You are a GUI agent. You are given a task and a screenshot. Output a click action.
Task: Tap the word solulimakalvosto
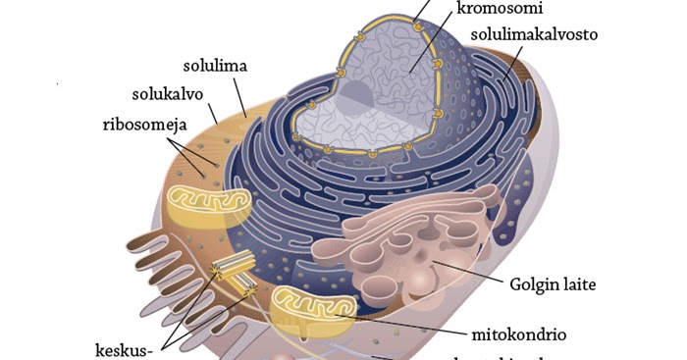click(533, 36)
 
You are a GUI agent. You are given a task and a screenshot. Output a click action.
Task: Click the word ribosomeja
click(145, 125)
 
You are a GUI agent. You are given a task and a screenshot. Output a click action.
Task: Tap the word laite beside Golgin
click(579, 287)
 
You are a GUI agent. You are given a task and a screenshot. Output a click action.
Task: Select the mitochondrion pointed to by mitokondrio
click(314, 311)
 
